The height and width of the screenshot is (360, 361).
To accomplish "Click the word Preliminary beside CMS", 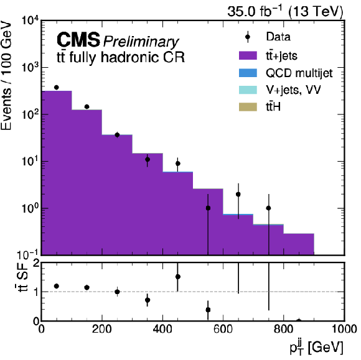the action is (141, 42).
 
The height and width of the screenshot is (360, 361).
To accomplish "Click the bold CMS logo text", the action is (78, 40).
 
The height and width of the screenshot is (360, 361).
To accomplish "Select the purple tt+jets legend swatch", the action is (248, 55).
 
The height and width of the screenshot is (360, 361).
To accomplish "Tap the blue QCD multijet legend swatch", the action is (248, 73).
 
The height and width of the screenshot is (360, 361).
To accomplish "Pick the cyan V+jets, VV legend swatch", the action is (248, 90).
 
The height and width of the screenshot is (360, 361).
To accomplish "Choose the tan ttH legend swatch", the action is (248, 107).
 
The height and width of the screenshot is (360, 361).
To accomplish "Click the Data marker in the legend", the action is (248, 37).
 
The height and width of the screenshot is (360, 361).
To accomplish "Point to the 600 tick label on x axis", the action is (223, 329).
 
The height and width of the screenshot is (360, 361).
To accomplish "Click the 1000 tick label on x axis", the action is (344, 329).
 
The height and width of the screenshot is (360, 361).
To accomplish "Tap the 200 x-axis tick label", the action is (101, 329).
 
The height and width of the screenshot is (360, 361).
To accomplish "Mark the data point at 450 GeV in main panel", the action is (178, 164).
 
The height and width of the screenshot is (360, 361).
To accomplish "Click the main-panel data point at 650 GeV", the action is (238, 195).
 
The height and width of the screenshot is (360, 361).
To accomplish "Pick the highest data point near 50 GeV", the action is (57, 88).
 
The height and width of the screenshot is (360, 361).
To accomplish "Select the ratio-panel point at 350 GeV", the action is (148, 300).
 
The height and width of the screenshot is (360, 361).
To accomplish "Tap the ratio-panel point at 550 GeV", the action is (208, 310).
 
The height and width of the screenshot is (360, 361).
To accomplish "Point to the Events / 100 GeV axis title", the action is (6, 76).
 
